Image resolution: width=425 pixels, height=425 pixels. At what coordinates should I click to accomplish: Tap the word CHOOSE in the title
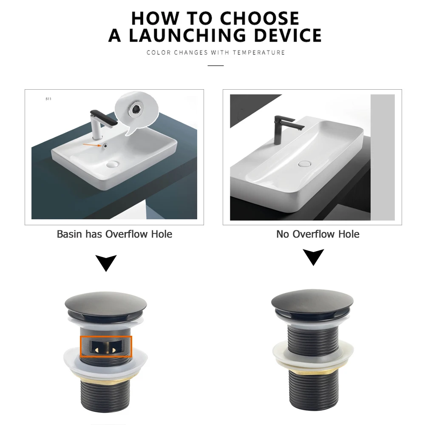[260, 18]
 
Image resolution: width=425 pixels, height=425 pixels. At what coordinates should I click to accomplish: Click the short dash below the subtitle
[215, 65]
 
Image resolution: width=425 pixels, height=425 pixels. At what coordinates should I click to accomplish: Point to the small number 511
[48, 99]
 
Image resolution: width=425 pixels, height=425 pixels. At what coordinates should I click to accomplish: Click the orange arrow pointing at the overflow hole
[91, 145]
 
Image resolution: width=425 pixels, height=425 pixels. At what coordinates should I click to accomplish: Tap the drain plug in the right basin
[305, 163]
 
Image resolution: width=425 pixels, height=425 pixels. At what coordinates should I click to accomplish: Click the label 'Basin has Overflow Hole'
[114, 234]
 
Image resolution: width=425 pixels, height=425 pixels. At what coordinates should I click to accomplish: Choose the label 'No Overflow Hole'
[317, 234]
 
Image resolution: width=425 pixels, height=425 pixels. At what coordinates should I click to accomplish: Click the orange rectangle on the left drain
[106, 346]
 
